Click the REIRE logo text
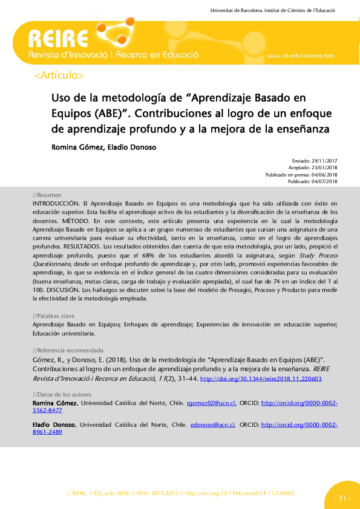coord(58,41)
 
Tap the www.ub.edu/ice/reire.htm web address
coord(300,56)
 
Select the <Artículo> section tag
coord(59,76)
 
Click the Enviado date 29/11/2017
coord(324,162)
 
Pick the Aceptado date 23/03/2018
coord(324,168)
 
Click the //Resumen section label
coord(47,195)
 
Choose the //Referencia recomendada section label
coord(67,351)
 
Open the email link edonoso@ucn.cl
coord(212,424)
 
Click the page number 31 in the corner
coord(342,498)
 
